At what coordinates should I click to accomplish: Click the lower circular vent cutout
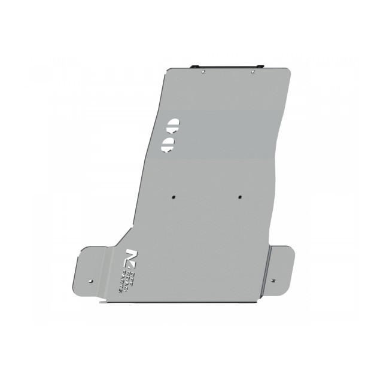pyautogui.click(x=168, y=144)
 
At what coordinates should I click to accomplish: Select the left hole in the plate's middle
pyautogui.click(x=173, y=196)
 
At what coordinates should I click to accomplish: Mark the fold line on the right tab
pyautogui.click(x=270, y=266)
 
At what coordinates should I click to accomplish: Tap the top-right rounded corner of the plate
pyautogui.click(x=288, y=71)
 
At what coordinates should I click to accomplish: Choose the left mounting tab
pyautogui.click(x=93, y=266)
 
